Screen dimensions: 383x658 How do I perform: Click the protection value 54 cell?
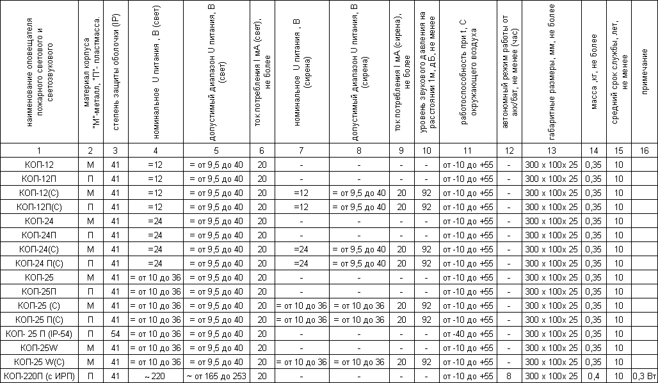pyautogui.click(x=115, y=333)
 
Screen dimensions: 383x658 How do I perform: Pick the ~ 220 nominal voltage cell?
pyautogui.click(x=155, y=375)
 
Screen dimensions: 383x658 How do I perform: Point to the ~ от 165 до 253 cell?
pyautogui.click(x=216, y=375)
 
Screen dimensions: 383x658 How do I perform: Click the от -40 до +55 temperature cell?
pyautogui.click(x=468, y=333)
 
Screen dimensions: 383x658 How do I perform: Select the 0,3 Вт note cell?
pyautogui.click(x=644, y=375)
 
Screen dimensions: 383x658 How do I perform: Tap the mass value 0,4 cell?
pyautogui.click(x=594, y=375)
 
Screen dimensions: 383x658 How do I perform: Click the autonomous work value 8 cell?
pyautogui.click(x=509, y=375)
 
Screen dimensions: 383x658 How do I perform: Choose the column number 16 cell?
pyautogui.click(x=644, y=151)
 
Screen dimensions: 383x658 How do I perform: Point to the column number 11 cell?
pyautogui.click(x=468, y=151)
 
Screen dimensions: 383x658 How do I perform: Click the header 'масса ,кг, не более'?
pyautogui.click(x=594, y=83)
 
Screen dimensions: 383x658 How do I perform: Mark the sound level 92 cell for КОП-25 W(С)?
pyautogui.click(x=426, y=361)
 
